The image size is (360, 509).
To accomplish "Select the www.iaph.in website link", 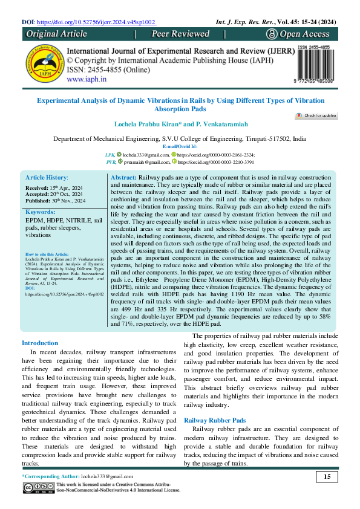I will click(87, 79).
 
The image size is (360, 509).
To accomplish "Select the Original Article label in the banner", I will click(57, 34).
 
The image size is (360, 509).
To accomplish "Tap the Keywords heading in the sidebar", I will click(41, 212).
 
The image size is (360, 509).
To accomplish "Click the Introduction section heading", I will click(40, 343).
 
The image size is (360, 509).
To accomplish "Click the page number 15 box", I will click(327, 477).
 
